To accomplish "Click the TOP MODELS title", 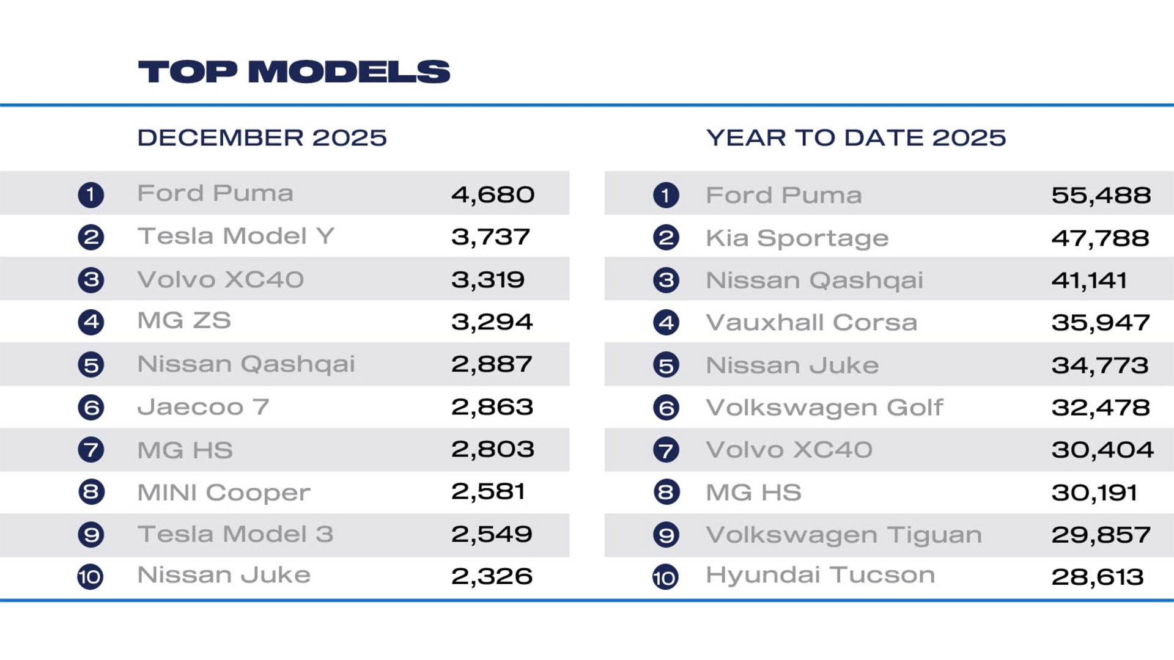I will [293, 71].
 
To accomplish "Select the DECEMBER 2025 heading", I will [262, 137].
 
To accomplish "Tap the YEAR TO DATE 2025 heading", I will [855, 137].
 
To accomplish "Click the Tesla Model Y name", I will [236, 237].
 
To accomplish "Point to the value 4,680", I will [493, 195].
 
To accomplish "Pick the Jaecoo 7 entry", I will [203, 407].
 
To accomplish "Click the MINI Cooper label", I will [224, 493].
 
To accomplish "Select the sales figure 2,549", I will [492, 535].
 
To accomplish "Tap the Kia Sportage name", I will [797, 238].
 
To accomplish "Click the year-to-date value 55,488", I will [1101, 196].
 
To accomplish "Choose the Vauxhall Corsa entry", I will [811, 323].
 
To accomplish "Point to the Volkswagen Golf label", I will [824, 408].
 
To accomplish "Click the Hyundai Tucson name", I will [820, 576].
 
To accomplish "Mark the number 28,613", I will [1097, 577].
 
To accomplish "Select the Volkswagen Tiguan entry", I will [844, 535].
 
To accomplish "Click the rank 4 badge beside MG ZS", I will [91, 322].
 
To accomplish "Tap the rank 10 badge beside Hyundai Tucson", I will [665, 577].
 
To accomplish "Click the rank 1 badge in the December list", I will [91, 195].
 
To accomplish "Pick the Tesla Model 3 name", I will [235, 535].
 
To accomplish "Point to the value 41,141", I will [1089, 280].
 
